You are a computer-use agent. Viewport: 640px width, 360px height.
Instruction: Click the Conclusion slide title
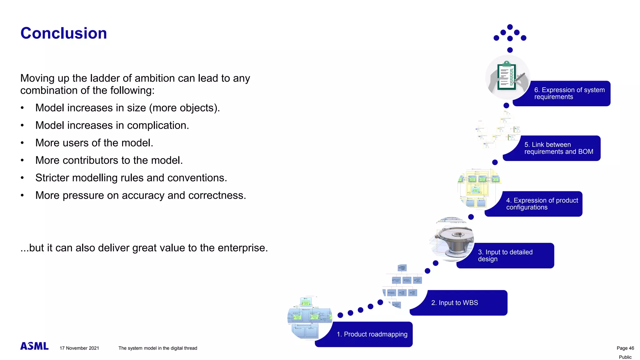pos(63,33)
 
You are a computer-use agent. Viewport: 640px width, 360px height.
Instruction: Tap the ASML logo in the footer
pos(34,346)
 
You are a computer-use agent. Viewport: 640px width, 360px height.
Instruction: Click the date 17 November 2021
pos(79,348)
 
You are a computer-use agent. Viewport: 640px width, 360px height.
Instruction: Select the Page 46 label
pos(625,348)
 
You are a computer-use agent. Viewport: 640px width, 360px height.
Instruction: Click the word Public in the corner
pos(625,357)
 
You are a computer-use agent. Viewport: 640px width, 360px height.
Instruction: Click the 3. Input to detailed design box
pos(509,256)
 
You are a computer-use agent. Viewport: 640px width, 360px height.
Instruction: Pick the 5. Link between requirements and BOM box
pos(556,148)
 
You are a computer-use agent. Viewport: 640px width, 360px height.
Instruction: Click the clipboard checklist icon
pos(507,77)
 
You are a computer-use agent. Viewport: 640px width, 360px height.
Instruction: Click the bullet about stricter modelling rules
pos(131,178)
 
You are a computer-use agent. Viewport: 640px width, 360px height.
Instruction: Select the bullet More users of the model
pos(94,143)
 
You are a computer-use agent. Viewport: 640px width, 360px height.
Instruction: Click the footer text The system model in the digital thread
pos(157,348)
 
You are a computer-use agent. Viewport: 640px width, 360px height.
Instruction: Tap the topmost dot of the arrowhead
pos(510,27)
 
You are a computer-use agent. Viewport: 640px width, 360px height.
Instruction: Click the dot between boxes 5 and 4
pos(495,162)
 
